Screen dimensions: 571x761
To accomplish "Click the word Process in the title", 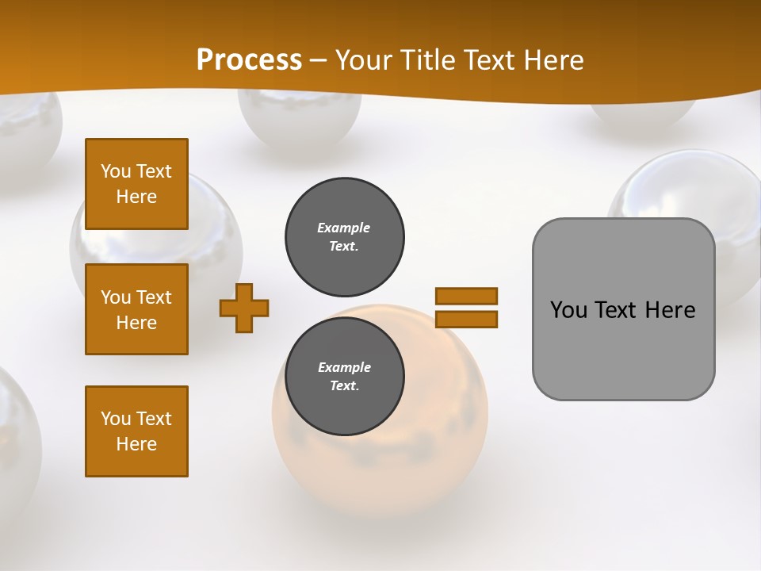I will pos(249,60).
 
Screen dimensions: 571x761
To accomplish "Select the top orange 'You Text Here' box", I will pos(136,184).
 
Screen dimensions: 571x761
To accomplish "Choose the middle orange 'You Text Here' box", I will pos(136,309).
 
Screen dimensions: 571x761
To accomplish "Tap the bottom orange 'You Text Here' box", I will pos(136,431).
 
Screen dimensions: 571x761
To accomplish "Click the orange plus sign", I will pos(244,308).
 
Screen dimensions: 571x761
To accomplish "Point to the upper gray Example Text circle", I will pos(345,236).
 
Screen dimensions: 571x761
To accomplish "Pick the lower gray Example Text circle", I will pos(345,376).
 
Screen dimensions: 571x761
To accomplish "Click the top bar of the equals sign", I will pos(466,297).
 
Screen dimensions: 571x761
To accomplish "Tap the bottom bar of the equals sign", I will pos(466,319).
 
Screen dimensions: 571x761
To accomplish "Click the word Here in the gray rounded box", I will pos(670,310).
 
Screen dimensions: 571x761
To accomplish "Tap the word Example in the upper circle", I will pos(344,228).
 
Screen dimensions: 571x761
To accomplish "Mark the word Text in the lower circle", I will pos(344,386).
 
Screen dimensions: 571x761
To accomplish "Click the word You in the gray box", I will pos(569,310).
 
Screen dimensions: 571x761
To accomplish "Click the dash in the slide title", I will pos(319,60).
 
